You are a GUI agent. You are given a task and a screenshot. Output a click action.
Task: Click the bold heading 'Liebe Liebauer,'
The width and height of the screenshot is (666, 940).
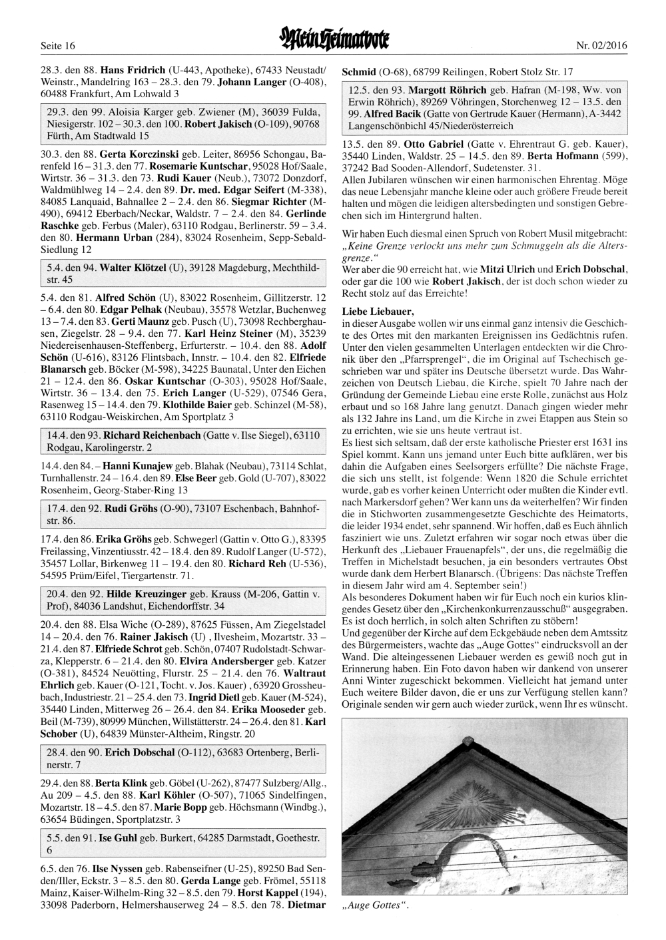pyautogui.click(x=378, y=312)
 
